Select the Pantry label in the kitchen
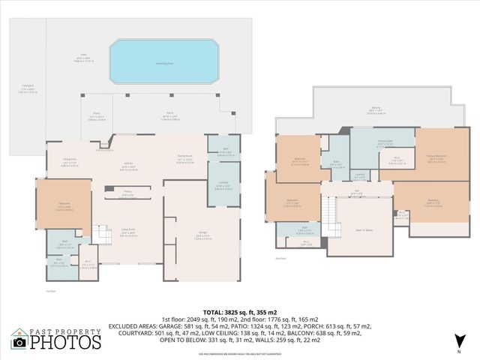128,191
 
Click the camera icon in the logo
20,342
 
